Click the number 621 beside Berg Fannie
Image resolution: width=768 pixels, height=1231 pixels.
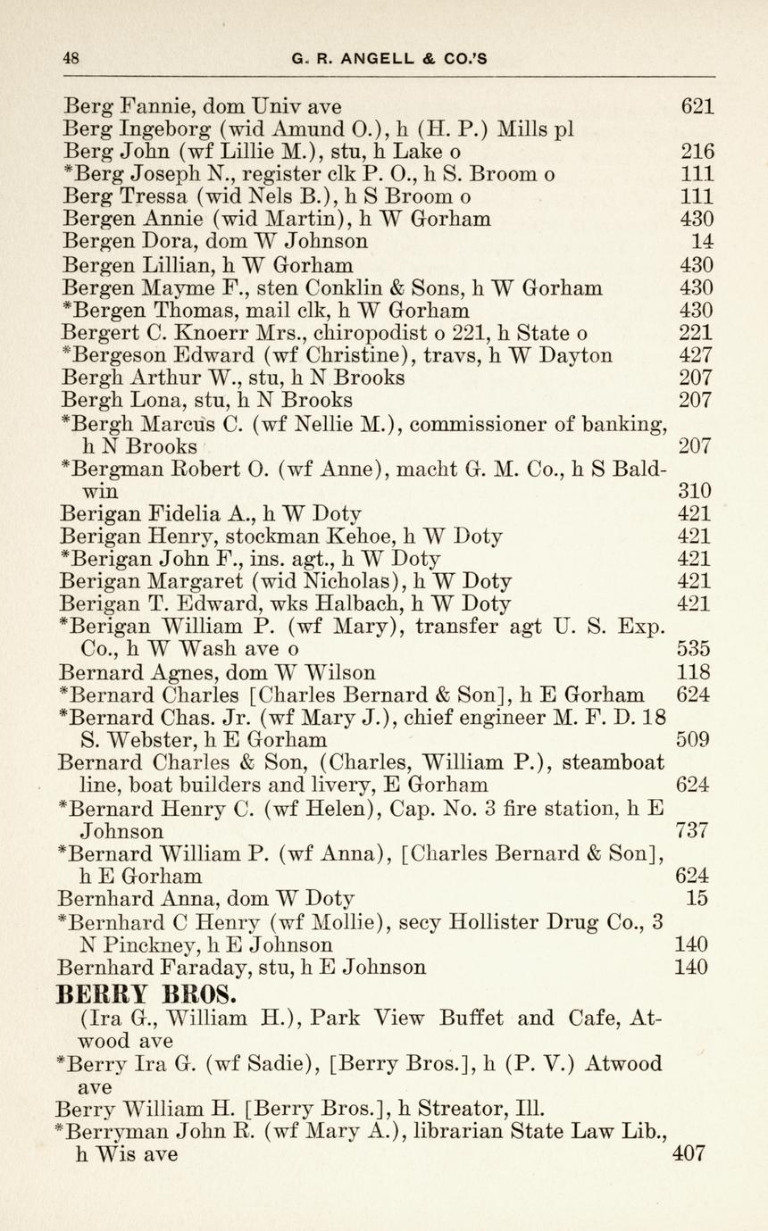[697, 106]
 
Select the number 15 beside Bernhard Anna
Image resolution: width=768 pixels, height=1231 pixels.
[697, 898]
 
